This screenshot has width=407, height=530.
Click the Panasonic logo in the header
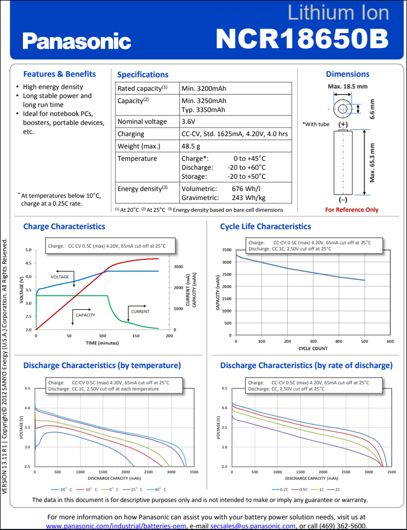[77, 40]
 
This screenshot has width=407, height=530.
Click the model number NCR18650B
[302, 39]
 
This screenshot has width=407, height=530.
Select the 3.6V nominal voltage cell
[189, 122]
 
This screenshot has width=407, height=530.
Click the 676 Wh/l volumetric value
[246, 189]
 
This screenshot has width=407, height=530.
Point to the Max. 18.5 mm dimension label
[347, 86]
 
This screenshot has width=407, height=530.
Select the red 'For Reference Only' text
[352, 210]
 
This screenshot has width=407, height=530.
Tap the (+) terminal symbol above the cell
[343, 124]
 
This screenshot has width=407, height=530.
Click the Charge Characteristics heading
[64, 226]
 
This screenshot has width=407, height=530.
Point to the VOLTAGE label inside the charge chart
[60, 277]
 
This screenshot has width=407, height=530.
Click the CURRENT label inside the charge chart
[140, 311]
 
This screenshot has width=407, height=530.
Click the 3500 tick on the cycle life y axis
[226, 250]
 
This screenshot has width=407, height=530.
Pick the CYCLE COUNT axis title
[313, 348]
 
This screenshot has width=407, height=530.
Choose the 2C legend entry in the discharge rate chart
[336, 489]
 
